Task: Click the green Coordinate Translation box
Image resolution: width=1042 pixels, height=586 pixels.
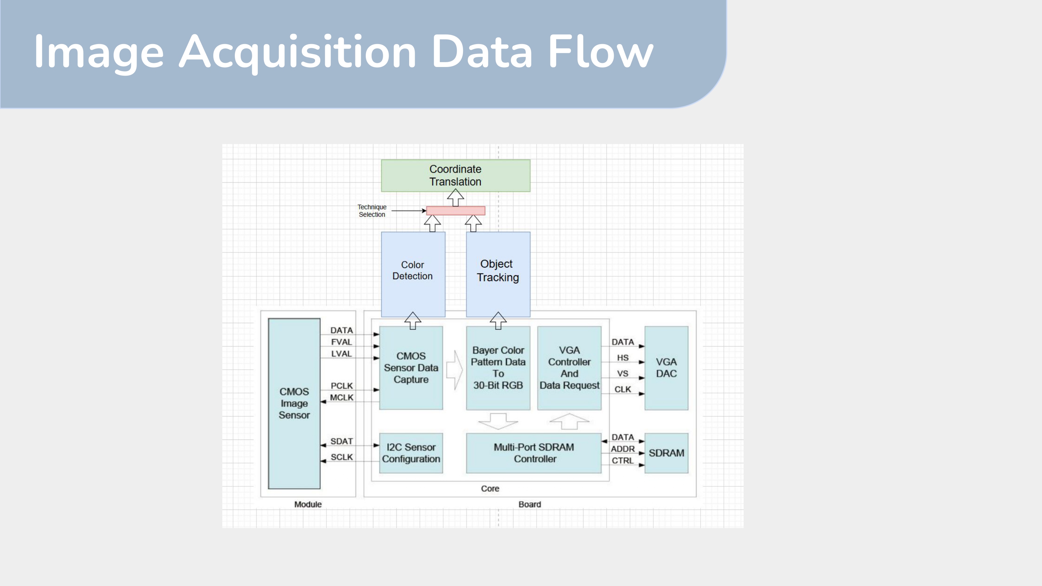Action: tap(455, 176)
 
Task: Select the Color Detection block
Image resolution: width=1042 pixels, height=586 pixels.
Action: tap(413, 274)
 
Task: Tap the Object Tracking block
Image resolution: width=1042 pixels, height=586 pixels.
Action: tap(498, 274)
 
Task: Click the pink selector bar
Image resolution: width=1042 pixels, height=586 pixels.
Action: tap(455, 210)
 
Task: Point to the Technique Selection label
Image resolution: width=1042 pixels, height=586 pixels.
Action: tap(372, 211)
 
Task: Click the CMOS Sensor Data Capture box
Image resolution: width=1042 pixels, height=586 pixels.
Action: tap(411, 368)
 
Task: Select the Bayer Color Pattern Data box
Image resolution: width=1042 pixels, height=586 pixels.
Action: tap(498, 368)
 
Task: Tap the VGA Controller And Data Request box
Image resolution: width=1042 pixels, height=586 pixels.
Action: tap(569, 368)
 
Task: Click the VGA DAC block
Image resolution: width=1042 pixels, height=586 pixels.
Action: tap(666, 368)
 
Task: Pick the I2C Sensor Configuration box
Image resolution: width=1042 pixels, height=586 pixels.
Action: tap(411, 453)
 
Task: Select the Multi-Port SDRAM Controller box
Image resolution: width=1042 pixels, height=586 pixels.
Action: tap(534, 453)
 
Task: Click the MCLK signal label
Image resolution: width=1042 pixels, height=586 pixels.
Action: tap(341, 397)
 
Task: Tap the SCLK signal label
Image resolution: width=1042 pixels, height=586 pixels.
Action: tap(341, 457)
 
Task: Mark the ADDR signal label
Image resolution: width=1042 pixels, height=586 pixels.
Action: tap(622, 449)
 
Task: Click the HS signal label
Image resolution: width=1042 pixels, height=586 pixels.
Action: tap(622, 358)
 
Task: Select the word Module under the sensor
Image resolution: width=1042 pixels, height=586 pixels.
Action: tap(308, 504)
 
